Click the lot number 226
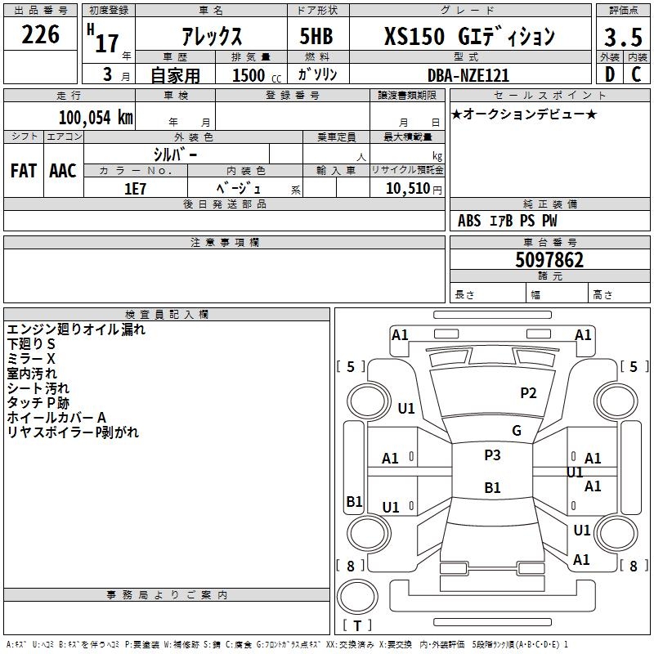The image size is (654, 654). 41,34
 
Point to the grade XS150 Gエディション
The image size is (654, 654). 469,37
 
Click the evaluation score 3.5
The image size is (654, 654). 622,38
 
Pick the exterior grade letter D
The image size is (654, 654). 609,74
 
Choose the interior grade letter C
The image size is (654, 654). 636,74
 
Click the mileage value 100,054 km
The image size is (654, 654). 96,117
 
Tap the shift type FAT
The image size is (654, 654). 24,170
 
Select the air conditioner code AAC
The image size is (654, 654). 63,170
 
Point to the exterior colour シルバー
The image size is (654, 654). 175,155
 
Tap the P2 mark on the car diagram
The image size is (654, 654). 528,393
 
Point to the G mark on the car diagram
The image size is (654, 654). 516,431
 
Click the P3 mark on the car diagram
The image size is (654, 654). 492,455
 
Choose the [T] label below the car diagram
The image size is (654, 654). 357,625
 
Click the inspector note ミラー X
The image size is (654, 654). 31,359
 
